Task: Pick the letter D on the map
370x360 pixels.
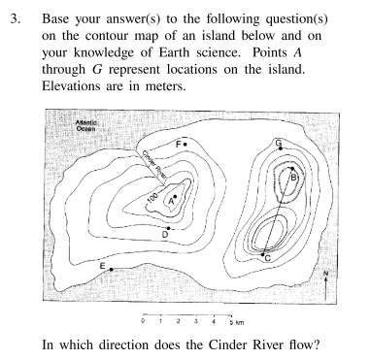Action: (x=166, y=234)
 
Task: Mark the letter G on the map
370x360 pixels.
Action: (x=279, y=143)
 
